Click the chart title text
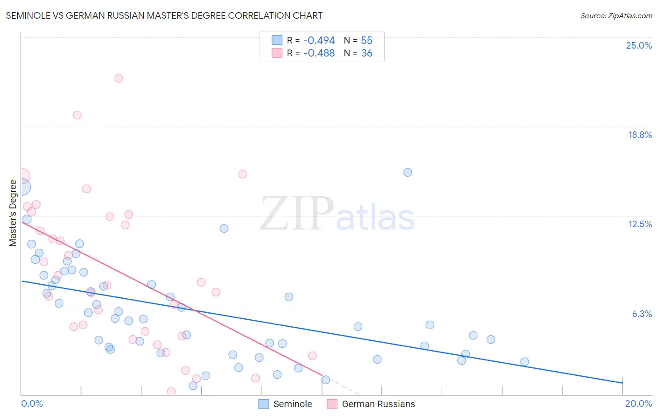pyautogui.click(x=164, y=15)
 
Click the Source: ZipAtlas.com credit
pyautogui.click(x=616, y=15)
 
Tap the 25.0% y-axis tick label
pyautogui.click(x=638, y=45)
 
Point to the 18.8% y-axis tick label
pyautogui.click(x=639, y=135)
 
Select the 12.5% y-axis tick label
pyautogui.click(x=639, y=224)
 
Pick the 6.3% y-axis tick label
pyautogui.click(x=642, y=314)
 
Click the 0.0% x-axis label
pyautogui.click(x=32, y=403)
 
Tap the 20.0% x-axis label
pyautogui.click(x=638, y=403)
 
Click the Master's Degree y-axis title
pyautogui.click(x=13, y=213)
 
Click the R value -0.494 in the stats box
pyautogui.click(x=319, y=40)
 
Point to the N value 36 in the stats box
pyautogui.click(x=366, y=53)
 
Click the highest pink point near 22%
pyautogui.click(x=119, y=79)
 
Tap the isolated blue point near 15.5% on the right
pyautogui.click(x=408, y=173)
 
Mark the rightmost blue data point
pyautogui.click(x=525, y=362)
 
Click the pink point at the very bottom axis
pyautogui.click(x=171, y=391)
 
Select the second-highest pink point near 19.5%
pyautogui.click(x=77, y=115)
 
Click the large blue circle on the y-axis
pyautogui.click(x=22, y=187)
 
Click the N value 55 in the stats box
pyautogui.click(x=366, y=40)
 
